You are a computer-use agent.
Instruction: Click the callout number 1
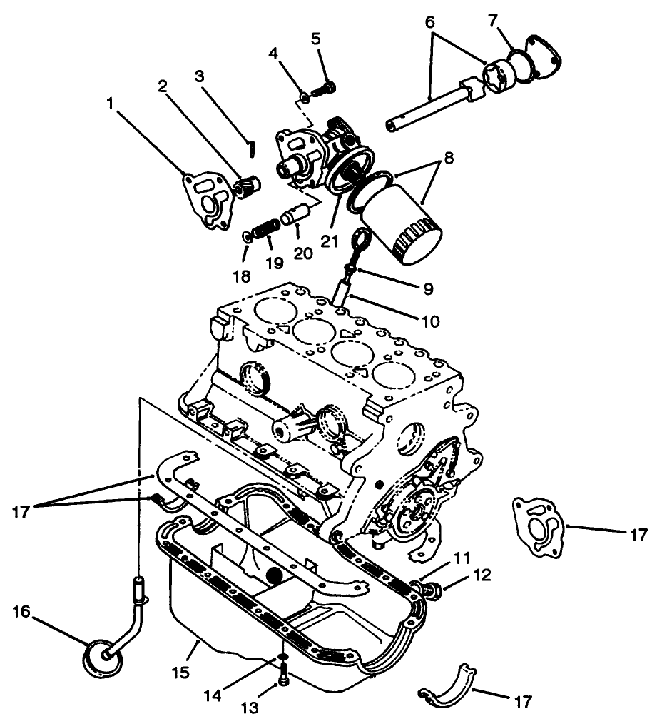click(110, 104)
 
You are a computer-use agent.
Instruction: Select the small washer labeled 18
click(247, 236)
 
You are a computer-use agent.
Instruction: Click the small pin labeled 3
click(252, 147)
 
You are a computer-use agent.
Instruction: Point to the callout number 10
click(430, 321)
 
